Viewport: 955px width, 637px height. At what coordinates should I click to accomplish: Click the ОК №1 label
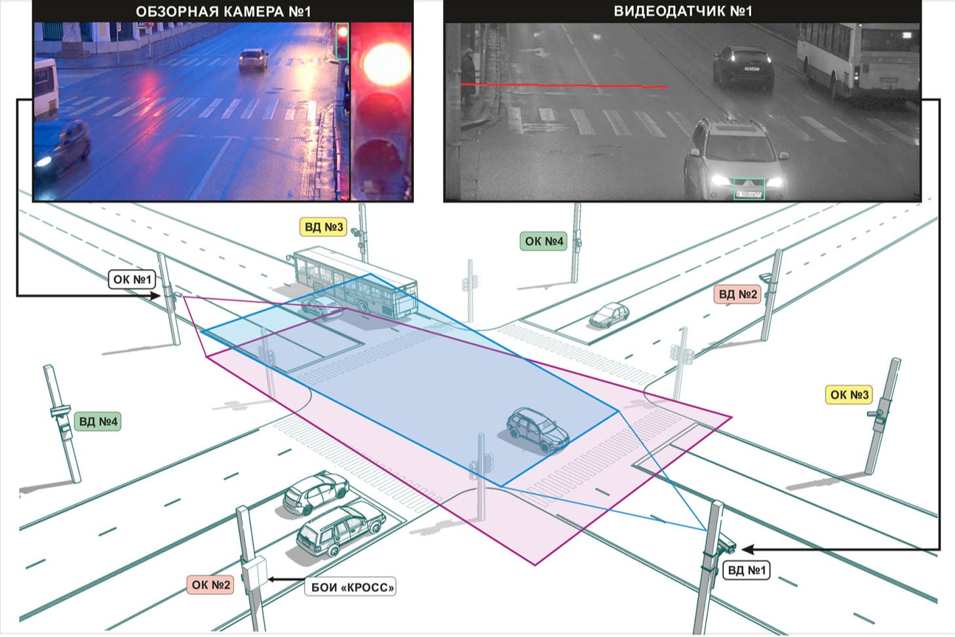tap(132, 279)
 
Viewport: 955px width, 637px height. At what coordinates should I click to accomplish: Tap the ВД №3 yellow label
tap(323, 227)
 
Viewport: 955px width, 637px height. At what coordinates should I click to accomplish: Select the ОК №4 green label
tap(543, 241)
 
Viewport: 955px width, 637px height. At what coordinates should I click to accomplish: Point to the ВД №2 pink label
tap(737, 295)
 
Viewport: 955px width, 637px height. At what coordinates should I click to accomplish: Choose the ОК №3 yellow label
tap(849, 395)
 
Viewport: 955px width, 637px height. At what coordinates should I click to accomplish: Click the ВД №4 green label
tap(98, 422)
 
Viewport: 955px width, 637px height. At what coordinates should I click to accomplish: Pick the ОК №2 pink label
tap(210, 585)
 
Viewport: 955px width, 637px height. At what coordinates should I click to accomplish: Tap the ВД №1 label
tap(747, 570)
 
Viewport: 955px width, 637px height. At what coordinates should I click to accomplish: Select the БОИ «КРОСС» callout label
tap(351, 587)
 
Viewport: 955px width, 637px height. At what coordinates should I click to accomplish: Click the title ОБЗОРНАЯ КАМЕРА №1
tap(223, 12)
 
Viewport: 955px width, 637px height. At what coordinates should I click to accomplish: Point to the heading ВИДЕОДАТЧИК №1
tap(682, 11)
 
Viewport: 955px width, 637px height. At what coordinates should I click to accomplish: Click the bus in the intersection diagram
tap(354, 282)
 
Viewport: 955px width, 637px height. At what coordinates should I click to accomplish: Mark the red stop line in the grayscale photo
tap(564, 85)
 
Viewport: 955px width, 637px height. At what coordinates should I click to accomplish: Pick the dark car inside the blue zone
tap(538, 430)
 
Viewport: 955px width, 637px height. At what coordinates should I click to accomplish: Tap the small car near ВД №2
tap(609, 315)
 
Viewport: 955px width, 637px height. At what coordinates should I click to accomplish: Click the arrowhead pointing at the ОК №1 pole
tap(155, 295)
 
